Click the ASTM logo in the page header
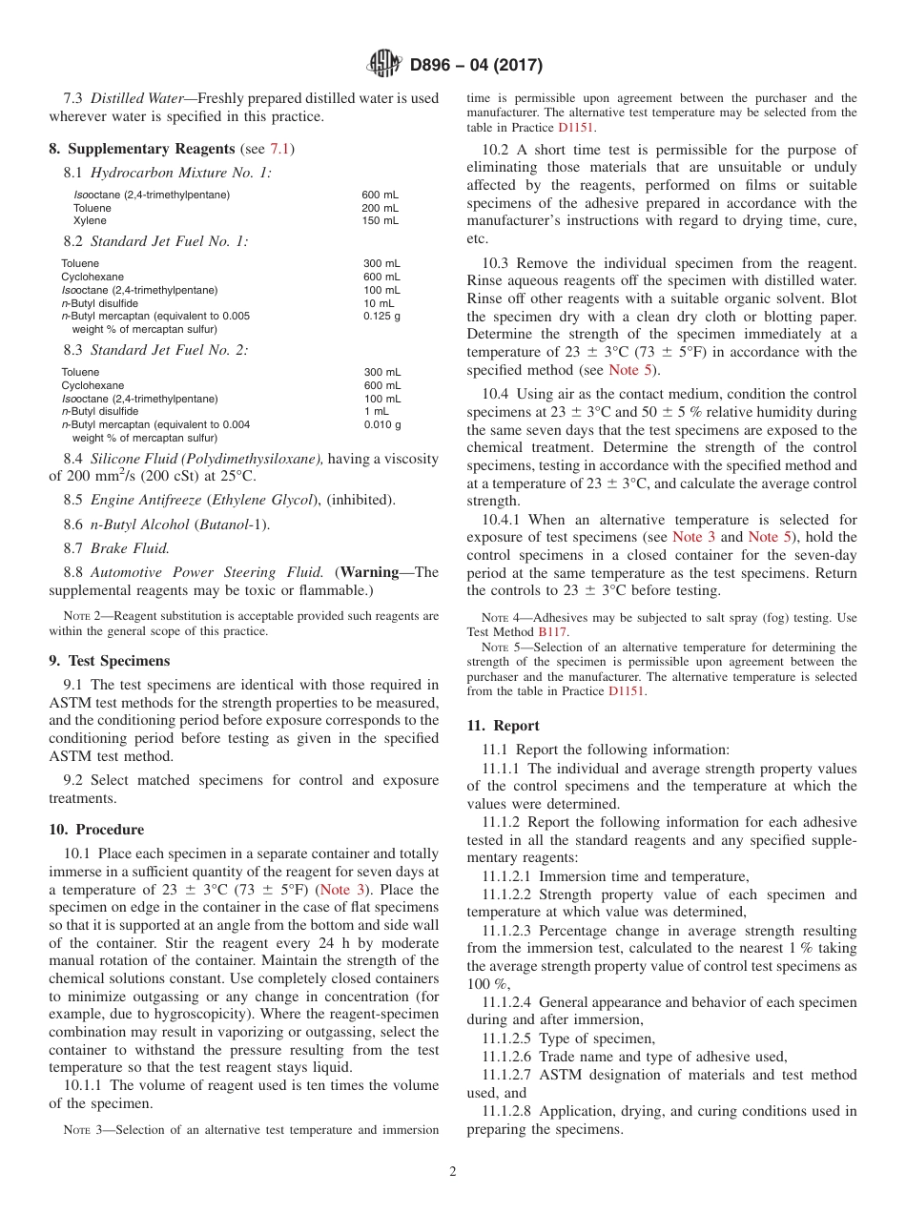(x=385, y=65)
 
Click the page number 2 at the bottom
(x=453, y=1172)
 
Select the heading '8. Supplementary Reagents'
(x=142, y=149)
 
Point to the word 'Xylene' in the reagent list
(x=91, y=220)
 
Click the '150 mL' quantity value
(x=380, y=220)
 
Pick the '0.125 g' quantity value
(x=381, y=316)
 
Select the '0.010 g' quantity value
(x=381, y=424)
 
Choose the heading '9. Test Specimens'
(x=109, y=661)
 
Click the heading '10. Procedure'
(x=96, y=830)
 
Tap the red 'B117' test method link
(x=550, y=631)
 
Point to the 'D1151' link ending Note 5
(x=628, y=691)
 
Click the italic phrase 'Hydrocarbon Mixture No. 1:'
(x=180, y=173)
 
